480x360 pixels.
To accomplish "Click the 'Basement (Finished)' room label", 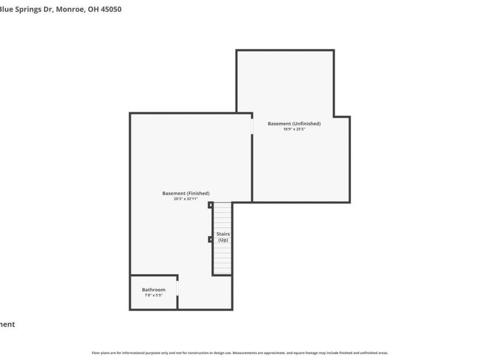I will tap(185, 193).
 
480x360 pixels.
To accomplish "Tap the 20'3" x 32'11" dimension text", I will tap(185, 199).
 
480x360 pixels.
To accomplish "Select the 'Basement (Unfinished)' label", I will tap(294, 124).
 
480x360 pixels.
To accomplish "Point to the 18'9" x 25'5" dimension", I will tap(294, 129).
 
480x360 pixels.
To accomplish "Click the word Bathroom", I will tap(154, 290).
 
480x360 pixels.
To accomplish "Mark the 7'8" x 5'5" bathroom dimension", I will tap(154, 295).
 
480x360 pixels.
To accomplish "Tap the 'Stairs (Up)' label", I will tap(223, 237).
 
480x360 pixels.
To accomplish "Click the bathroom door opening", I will tap(178, 288).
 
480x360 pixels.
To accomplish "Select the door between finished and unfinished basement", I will tap(252, 126).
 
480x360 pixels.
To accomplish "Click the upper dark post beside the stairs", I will tap(211, 205).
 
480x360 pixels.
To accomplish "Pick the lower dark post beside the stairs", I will tap(211, 239).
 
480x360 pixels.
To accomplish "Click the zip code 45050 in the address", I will tap(110, 10).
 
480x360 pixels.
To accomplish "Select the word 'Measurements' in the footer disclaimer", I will tap(247, 353).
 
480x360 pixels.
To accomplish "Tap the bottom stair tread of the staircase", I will tap(223, 271).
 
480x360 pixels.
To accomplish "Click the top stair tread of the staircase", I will tap(223, 206).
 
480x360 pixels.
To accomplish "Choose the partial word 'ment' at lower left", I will tap(7, 325).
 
